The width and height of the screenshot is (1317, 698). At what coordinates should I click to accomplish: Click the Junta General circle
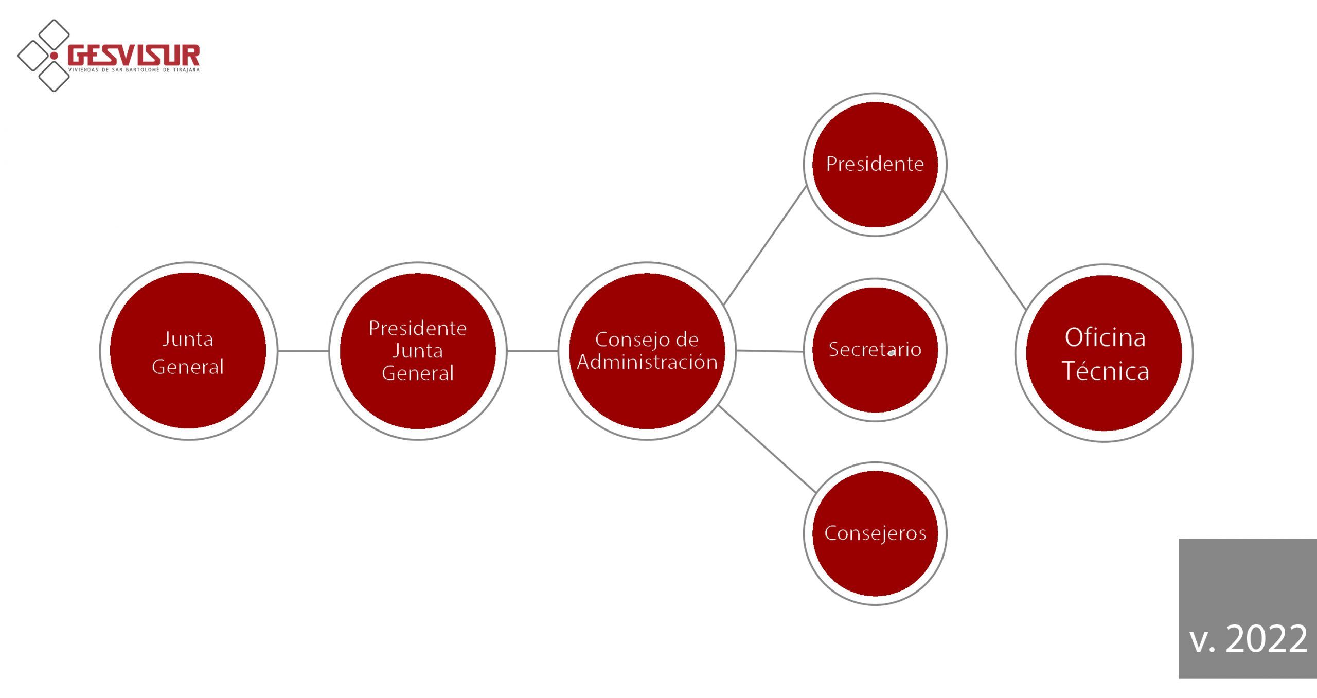[188, 351]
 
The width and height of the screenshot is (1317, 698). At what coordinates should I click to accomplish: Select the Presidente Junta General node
[418, 351]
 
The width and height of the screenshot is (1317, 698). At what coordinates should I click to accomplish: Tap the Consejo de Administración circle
[647, 351]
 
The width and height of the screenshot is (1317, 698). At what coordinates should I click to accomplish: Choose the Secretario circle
[875, 350]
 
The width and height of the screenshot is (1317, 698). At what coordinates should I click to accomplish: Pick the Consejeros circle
[875, 533]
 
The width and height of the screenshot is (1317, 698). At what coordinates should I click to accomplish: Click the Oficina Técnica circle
[1104, 353]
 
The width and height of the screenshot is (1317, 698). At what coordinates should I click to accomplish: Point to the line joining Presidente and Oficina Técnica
[985, 250]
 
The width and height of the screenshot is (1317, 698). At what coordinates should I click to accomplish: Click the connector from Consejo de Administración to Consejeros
[767, 449]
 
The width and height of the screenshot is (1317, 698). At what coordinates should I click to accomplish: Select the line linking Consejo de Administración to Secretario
[770, 351]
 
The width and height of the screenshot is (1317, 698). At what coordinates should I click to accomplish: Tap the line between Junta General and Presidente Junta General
[304, 351]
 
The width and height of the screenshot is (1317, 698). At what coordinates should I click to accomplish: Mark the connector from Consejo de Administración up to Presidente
[765, 245]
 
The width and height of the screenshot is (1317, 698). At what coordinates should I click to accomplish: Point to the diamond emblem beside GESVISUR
[44, 56]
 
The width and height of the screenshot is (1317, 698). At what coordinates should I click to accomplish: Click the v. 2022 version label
[1248, 639]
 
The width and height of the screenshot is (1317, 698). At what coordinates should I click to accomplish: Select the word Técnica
[1105, 371]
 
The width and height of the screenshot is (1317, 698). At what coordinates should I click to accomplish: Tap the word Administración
[647, 362]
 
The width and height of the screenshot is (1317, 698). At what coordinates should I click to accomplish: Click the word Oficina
[1105, 338]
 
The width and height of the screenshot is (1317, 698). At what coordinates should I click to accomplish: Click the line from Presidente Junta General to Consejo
[532, 351]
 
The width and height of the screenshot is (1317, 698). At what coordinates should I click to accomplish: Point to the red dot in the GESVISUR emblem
[54, 56]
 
